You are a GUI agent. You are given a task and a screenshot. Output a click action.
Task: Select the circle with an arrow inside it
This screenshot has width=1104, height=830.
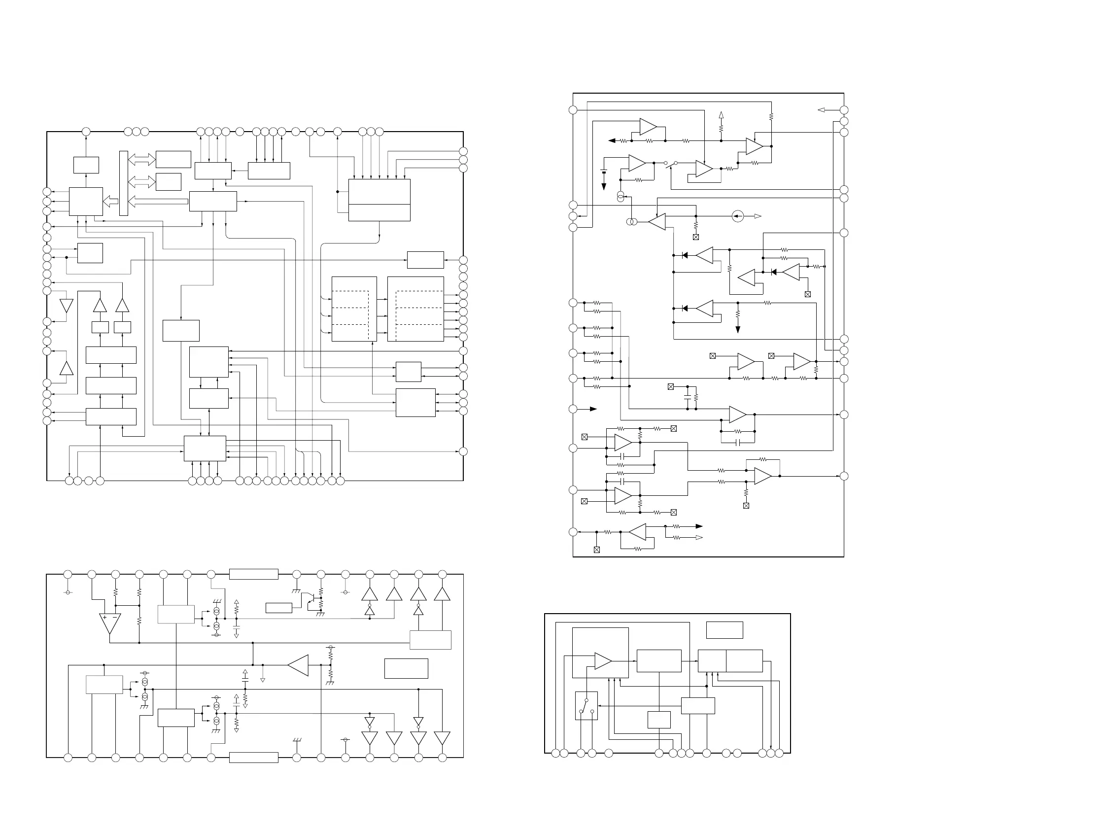click(737, 216)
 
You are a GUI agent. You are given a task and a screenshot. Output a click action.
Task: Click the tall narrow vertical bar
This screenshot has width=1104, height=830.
click(124, 183)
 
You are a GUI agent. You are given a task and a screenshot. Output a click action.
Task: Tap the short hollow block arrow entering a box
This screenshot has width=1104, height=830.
click(110, 202)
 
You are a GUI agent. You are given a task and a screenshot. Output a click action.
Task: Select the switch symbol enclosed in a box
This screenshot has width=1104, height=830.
click(586, 705)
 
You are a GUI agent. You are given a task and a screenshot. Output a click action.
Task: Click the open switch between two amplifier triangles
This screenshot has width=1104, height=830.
click(671, 163)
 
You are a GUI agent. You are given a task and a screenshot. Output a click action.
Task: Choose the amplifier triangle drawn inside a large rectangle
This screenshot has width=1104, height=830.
click(603, 661)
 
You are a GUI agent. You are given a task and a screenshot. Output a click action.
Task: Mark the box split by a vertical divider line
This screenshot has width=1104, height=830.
click(730, 661)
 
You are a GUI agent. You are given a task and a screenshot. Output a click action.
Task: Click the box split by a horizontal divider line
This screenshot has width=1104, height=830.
click(379, 200)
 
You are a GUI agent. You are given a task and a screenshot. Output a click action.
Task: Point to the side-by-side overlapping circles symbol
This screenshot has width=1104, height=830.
click(631, 222)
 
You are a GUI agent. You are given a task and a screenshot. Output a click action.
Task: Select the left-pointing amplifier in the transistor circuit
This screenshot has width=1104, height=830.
click(298, 665)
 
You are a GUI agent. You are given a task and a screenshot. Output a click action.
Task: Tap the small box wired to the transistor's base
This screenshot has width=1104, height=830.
click(278, 608)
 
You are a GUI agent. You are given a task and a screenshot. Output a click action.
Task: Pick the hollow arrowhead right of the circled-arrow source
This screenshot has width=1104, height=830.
click(758, 216)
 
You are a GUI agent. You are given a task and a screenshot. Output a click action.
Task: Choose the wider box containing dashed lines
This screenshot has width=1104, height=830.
click(415, 309)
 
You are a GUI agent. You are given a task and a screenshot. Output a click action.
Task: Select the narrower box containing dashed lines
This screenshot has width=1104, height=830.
click(354, 309)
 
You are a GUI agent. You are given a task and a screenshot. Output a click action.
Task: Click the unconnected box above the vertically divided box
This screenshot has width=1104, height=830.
click(724, 630)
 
